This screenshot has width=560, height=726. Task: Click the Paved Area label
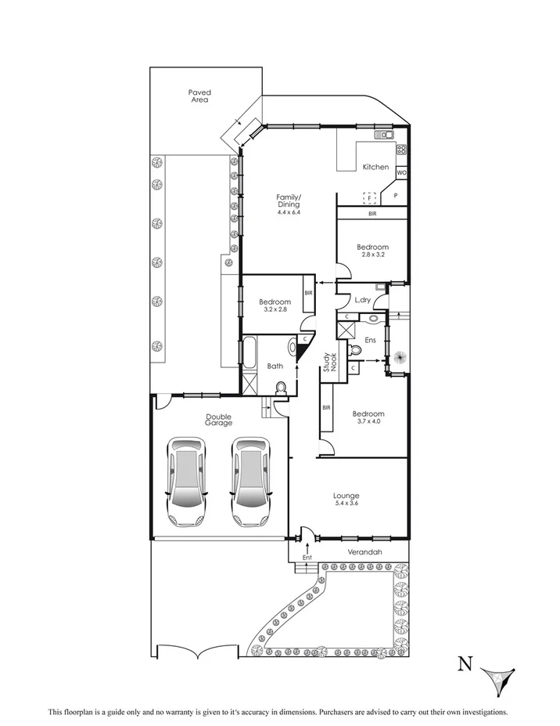[199, 96]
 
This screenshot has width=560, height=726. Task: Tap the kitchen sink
[384, 135]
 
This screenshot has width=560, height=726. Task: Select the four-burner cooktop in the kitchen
[401, 150]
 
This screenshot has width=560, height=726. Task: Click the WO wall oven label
[401, 172]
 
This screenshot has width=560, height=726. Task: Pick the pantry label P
[395, 196]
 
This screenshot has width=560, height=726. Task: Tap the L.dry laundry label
[362, 300]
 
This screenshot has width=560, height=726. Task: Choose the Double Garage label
[219, 420]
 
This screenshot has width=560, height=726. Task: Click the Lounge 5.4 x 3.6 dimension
[346, 504]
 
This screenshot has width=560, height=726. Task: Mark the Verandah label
[364, 553]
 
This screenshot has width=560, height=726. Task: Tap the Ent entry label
[307, 557]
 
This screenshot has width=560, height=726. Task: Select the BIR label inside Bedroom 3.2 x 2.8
[309, 294]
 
